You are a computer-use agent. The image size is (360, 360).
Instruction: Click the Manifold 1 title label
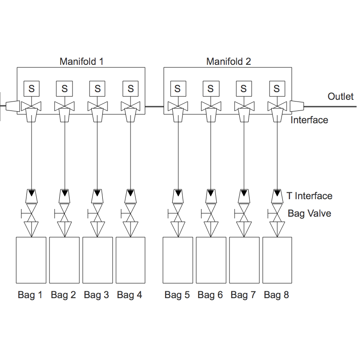click(x=81, y=61)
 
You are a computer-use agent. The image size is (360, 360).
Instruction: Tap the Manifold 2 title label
click(x=229, y=61)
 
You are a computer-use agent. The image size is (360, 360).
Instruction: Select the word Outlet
click(x=340, y=96)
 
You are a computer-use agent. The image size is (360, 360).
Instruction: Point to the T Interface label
click(x=309, y=196)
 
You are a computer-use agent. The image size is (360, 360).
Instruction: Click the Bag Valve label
click(x=309, y=213)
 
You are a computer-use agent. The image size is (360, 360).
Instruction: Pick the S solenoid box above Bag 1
click(x=32, y=89)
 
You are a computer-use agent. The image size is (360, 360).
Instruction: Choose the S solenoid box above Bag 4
click(x=131, y=89)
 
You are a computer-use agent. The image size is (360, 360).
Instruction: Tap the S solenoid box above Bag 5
click(x=177, y=89)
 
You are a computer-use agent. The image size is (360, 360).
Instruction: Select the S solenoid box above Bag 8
click(x=277, y=89)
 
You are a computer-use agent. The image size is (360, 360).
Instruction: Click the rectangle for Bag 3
click(x=97, y=260)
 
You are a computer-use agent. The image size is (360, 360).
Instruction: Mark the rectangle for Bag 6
click(x=211, y=260)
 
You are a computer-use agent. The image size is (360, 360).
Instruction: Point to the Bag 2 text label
click(x=63, y=295)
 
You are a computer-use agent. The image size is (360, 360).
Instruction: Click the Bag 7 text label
click(x=243, y=295)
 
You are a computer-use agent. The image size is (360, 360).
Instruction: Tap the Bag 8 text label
click(x=276, y=295)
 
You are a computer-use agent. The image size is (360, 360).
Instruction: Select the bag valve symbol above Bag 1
click(x=31, y=213)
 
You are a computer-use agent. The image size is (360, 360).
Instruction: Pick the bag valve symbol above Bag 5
click(x=178, y=213)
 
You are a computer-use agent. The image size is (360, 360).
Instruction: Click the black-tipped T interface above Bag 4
click(x=131, y=195)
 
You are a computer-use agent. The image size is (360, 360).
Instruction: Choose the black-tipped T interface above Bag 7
click(x=244, y=195)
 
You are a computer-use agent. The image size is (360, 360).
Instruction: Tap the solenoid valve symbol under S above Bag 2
click(x=64, y=105)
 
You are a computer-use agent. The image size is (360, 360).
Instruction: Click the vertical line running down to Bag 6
click(x=211, y=154)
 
